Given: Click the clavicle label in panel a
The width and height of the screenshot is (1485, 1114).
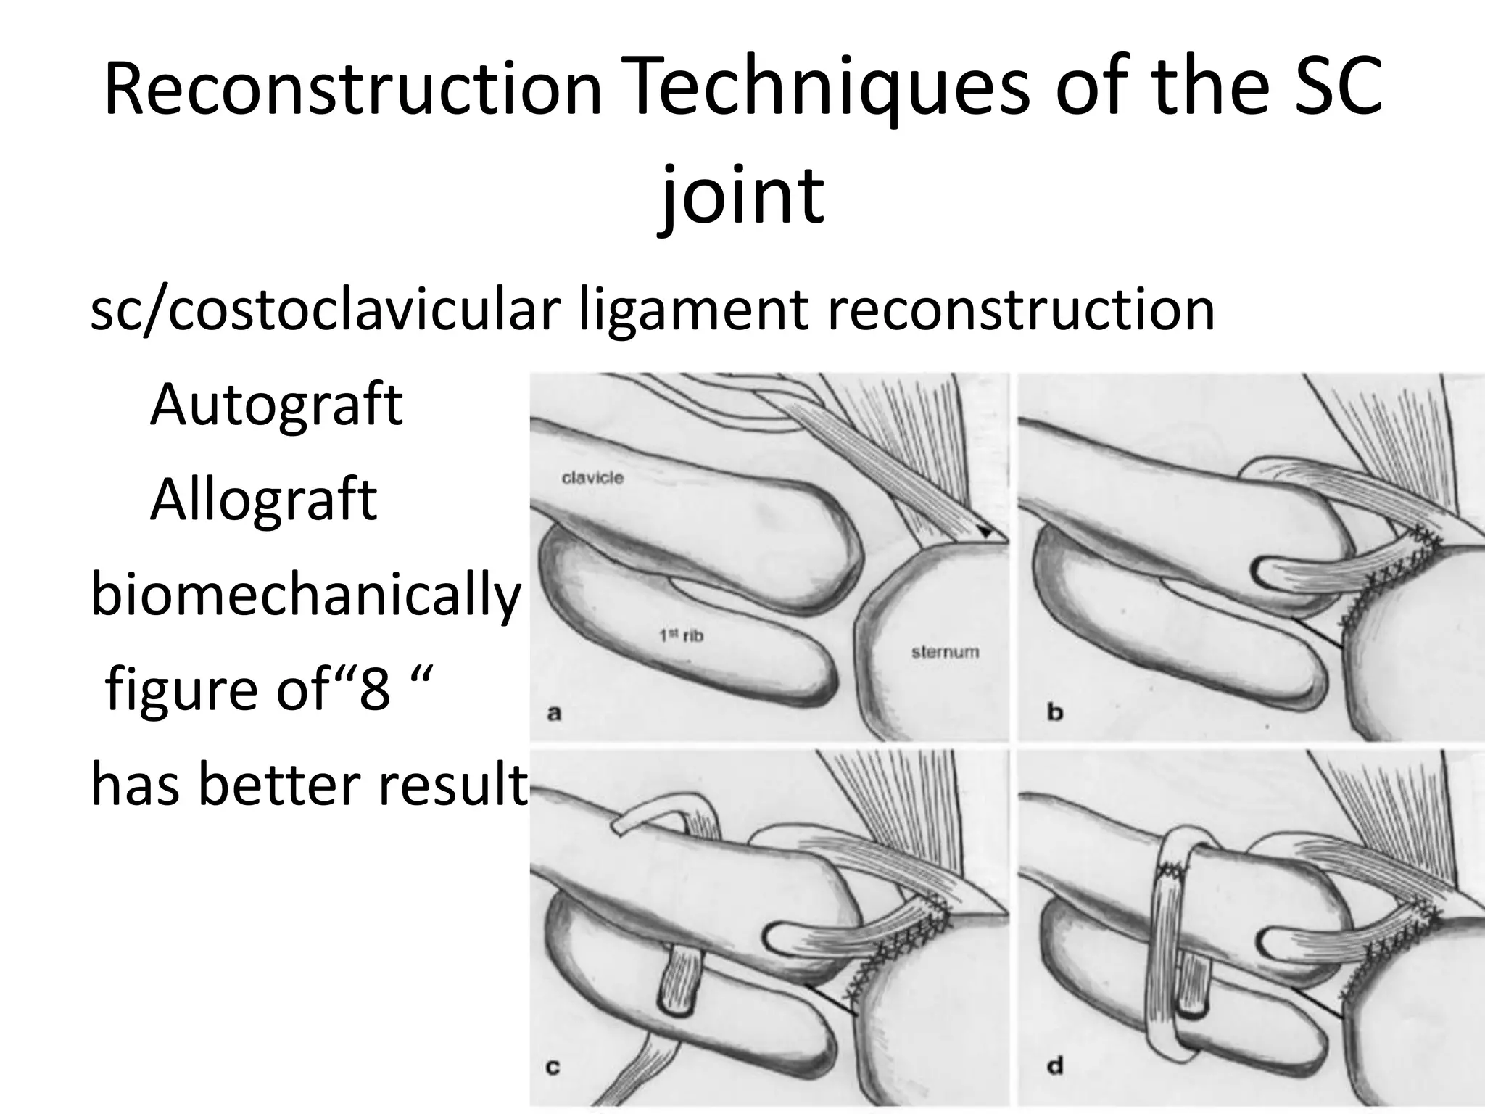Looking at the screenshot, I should pyautogui.click(x=592, y=478).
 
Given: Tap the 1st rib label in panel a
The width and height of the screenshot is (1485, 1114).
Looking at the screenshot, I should pyautogui.click(x=681, y=636).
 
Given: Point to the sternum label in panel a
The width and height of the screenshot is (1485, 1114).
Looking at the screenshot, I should pyautogui.click(x=944, y=651).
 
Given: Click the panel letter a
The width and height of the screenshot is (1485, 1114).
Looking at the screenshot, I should pyautogui.click(x=554, y=713).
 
